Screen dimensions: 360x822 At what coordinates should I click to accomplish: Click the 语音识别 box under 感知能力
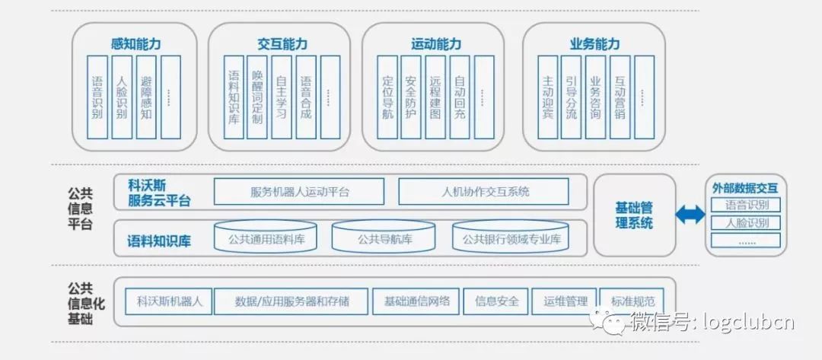97,97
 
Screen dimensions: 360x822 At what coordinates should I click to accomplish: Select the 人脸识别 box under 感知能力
122,97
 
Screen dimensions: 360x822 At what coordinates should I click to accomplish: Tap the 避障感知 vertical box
146,97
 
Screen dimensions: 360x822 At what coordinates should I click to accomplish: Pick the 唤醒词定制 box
257,97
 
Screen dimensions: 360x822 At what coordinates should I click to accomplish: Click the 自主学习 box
282,97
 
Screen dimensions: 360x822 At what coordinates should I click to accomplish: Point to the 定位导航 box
388,97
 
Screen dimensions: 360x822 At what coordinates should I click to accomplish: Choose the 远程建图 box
435,97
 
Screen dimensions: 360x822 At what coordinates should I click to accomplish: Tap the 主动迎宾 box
548,97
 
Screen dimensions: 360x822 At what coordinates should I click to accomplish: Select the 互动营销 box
620,97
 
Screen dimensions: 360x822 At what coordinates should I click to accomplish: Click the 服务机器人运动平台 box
299,192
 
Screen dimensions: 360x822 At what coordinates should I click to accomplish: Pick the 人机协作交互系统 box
484,192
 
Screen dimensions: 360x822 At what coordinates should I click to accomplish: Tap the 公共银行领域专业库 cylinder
511,239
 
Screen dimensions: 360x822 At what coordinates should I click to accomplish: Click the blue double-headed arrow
690,215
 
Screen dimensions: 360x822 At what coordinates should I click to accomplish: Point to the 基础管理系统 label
634,215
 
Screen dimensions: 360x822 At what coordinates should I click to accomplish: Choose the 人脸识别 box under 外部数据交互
747,223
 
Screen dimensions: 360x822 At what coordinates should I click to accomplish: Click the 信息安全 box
496,301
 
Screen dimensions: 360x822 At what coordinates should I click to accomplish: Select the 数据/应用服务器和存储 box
292,301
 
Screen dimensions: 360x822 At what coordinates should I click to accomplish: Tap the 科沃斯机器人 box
164,301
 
